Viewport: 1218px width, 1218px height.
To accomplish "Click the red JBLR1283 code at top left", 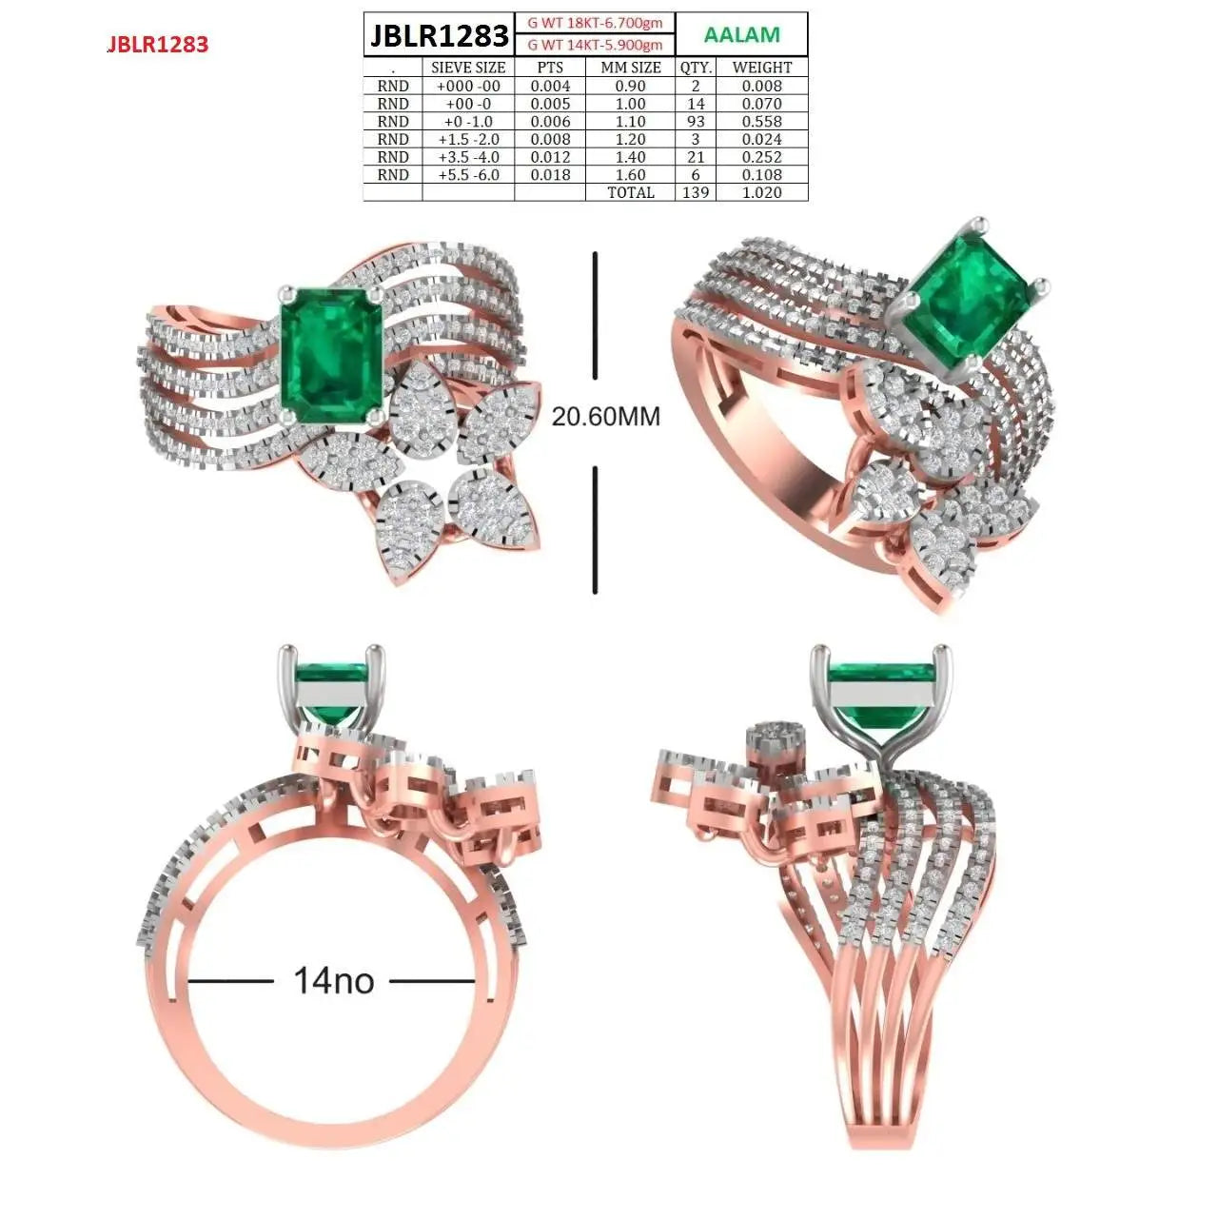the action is (x=158, y=44).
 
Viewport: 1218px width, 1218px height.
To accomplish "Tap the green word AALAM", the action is (x=741, y=34).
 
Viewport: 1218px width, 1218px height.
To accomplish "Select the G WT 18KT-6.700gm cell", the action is (x=595, y=23).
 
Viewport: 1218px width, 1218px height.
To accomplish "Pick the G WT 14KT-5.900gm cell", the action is (x=595, y=44).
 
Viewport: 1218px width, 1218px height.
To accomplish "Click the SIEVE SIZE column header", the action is (x=468, y=68).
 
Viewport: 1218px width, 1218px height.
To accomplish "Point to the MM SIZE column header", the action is (x=631, y=68).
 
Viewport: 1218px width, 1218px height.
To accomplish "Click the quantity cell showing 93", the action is (x=696, y=122).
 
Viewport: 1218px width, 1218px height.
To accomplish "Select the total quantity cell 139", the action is (x=696, y=192).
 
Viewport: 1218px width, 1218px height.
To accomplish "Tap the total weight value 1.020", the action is (x=761, y=192).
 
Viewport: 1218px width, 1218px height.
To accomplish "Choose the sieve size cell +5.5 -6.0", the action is (x=468, y=174).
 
